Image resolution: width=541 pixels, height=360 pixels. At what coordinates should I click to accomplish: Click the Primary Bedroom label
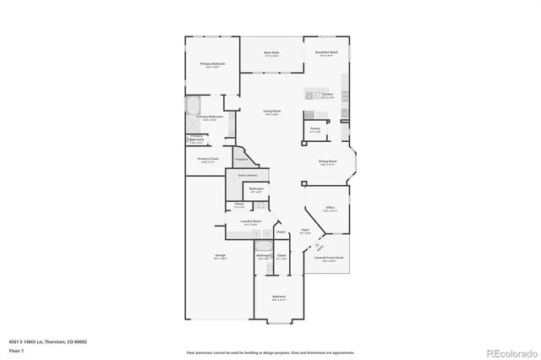coord(210,64)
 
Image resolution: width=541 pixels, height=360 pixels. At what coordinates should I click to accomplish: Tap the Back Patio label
coord(270,52)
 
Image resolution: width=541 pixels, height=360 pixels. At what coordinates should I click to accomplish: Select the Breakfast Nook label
coord(326,52)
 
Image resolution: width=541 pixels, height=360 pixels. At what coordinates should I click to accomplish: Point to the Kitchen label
coord(327,94)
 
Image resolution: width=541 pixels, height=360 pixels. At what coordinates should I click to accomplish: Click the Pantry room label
coord(314,129)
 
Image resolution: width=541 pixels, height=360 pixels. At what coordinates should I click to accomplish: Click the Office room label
coord(331,207)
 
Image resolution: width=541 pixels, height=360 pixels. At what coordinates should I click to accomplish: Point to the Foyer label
coord(303,230)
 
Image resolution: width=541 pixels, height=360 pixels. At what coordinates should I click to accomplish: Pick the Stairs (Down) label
coord(246,174)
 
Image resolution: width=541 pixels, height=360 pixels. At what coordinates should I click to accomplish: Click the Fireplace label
coord(240,158)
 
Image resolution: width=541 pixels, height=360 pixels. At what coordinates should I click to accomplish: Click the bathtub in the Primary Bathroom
coord(193,106)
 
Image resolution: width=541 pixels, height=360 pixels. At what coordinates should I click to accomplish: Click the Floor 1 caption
coord(17,350)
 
